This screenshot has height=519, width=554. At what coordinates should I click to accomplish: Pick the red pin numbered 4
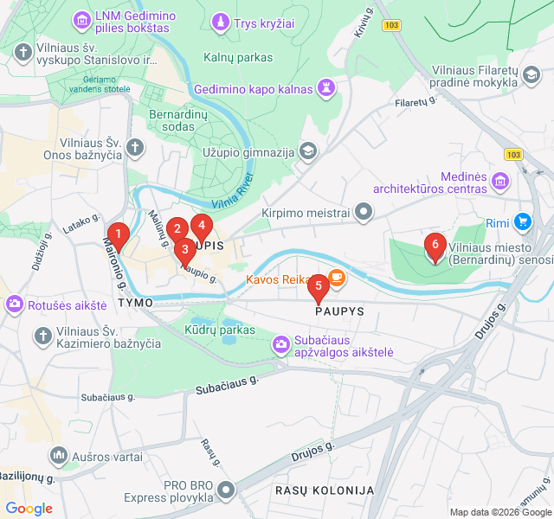click(x=201, y=227)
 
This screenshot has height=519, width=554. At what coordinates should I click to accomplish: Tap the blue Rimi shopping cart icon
click(x=522, y=222)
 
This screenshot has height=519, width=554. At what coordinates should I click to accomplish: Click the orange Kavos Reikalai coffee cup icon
click(x=337, y=279)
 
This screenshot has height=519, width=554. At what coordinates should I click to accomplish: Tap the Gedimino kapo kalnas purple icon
click(x=326, y=87)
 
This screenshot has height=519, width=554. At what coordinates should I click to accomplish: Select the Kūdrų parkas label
click(x=220, y=330)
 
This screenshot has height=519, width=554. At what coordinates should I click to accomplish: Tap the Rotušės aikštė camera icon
click(x=14, y=304)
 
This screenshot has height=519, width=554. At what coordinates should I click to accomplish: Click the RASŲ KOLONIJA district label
click(x=325, y=490)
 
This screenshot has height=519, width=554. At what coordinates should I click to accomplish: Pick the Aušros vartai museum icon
click(x=59, y=454)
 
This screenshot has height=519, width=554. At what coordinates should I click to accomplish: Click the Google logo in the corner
click(x=29, y=509)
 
